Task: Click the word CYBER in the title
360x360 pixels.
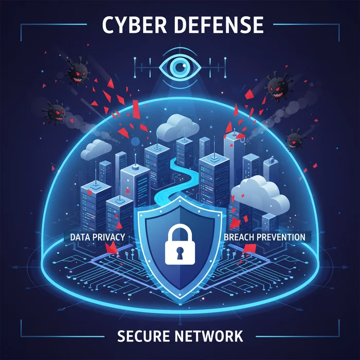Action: (x=134, y=25)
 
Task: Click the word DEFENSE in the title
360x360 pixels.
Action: (x=219, y=25)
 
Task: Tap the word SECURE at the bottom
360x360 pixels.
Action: (x=143, y=336)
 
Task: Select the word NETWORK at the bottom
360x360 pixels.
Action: (x=209, y=336)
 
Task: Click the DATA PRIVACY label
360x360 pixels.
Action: (x=97, y=237)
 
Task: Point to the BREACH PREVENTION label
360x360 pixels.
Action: (x=264, y=237)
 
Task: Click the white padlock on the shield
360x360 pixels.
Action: (x=180, y=244)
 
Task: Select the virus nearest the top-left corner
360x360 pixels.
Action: (x=77, y=71)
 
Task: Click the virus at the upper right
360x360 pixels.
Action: (x=279, y=86)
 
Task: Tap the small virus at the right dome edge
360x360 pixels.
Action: (x=295, y=139)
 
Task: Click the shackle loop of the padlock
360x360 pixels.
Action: (x=180, y=232)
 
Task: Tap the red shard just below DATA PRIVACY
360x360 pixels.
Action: (x=111, y=248)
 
